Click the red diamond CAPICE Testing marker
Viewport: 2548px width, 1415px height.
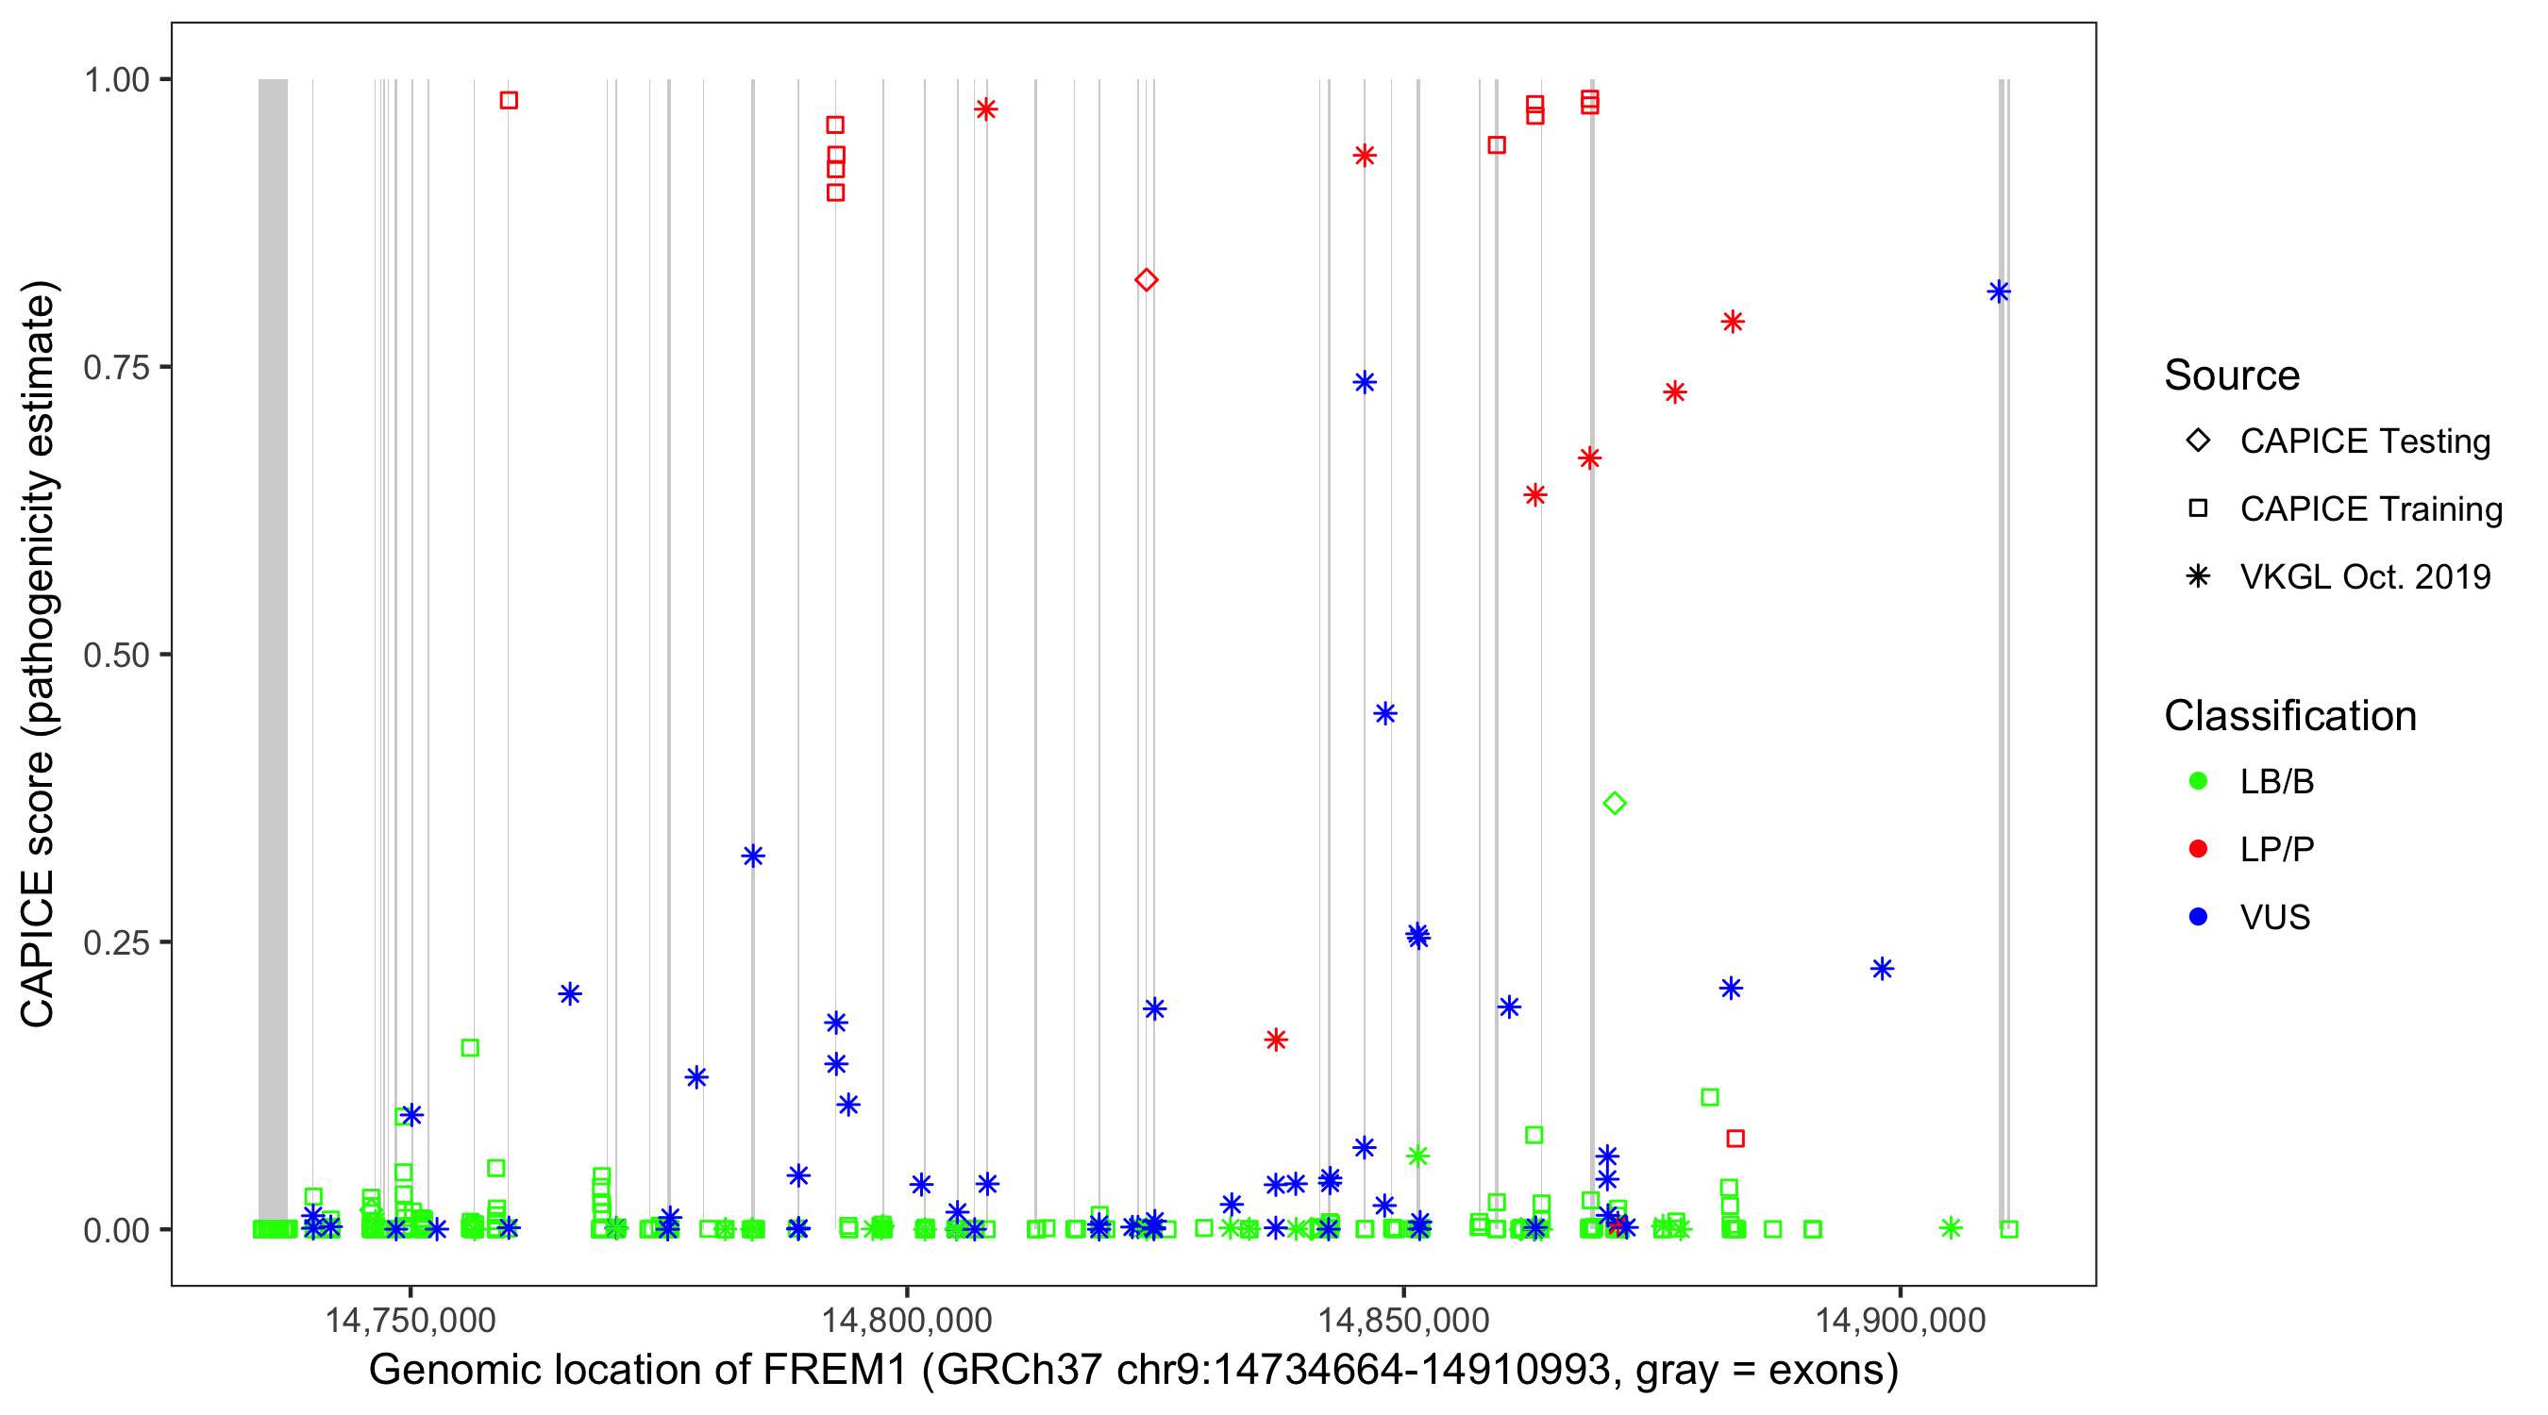tap(1146, 280)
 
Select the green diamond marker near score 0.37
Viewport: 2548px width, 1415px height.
tap(1615, 803)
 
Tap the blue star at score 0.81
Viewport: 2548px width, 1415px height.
tap(1999, 291)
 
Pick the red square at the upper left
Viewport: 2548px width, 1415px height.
tap(509, 100)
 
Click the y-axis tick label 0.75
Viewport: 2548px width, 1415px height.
tap(115, 367)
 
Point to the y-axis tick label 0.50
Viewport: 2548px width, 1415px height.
tap(115, 655)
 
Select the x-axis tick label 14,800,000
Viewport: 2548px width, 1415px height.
tap(906, 1319)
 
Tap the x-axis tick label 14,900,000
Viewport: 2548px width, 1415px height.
tap(1900, 1319)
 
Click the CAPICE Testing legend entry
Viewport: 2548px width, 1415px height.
tap(2364, 441)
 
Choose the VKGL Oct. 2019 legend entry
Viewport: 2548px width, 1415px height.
tap(2364, 576)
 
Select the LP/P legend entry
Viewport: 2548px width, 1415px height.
tap(2276, 849)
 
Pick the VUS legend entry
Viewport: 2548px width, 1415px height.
tap(2274, 918)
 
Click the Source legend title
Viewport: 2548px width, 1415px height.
tap(2232, 375)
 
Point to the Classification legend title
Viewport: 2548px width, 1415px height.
tap(2289, 716)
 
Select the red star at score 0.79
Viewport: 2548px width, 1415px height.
tap(1732, 322)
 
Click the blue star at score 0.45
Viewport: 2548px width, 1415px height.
tap(1384, 713)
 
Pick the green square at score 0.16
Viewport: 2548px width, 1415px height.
tap(470, 1047)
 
